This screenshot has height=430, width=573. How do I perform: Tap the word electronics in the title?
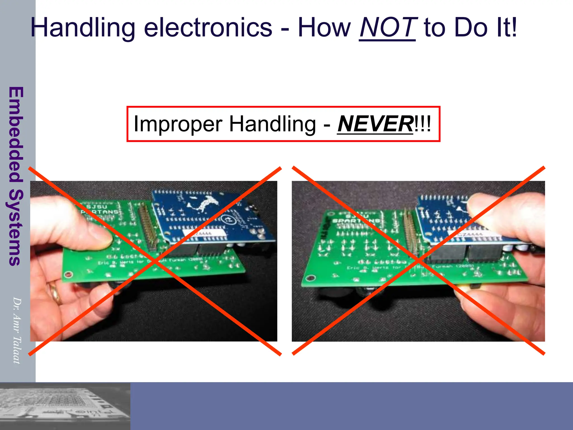(208, 27)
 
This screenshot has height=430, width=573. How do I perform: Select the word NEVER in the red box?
(375, 124)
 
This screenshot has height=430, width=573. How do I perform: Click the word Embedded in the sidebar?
(16, 134)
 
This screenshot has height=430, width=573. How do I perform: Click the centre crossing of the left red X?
(155, 261)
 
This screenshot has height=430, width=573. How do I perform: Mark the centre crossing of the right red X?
(419, 261)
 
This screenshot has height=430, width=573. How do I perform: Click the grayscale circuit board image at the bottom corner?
(65, 406)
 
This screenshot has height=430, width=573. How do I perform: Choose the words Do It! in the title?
(485, 27)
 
